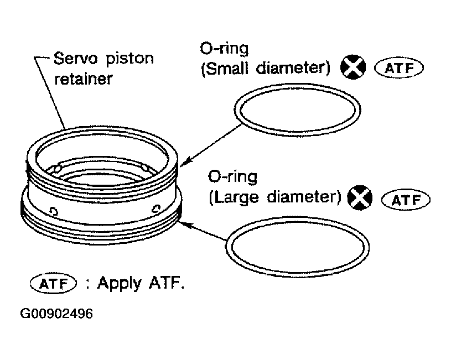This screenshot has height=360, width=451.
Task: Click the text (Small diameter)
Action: [266, 69]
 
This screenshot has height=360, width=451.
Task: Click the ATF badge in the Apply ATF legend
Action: [52, 285]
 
